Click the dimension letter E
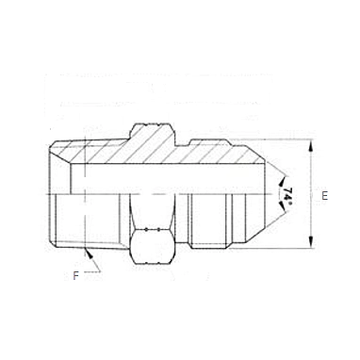[x=324, y=196]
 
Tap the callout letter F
[x=75, y=276]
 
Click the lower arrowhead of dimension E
[x=311, y=242]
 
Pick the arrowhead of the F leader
[x=90, y=254]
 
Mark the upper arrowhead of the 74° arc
[x=281, y=182]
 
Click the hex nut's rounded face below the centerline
[x=152, y=246]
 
